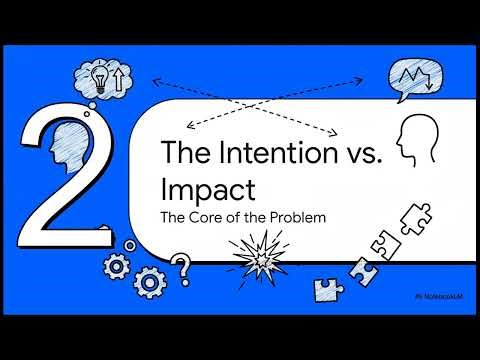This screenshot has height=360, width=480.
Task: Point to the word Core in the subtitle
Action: tap(205, 214)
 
